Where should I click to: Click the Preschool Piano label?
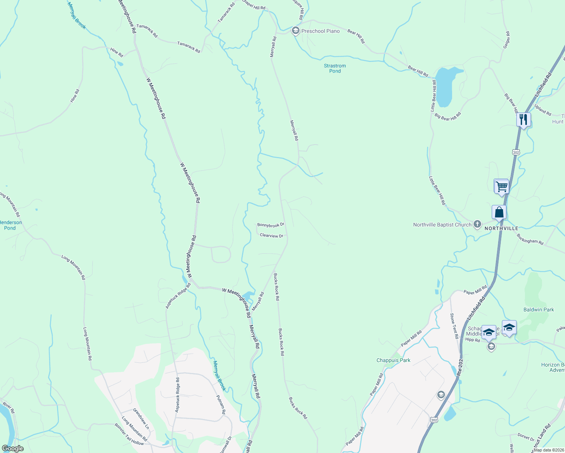tap(320, 31)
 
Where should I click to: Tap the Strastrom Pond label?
tap(335, 68)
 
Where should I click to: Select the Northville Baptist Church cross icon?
tap(477, 224)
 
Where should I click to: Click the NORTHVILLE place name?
tap(501, 228)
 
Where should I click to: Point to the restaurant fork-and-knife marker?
tap(523, 120)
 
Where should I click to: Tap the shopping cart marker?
tap(502, 186)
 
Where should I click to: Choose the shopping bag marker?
tap(499, 213)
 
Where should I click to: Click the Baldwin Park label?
tap(539, 310)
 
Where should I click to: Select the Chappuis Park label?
tap(393, 360)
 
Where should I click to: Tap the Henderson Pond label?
tap(10, 225)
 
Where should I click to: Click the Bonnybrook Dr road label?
tap(270, 225)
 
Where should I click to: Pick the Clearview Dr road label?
tap(272, 236)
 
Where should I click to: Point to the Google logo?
tap(13, 448)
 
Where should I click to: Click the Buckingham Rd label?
tap(530, 239)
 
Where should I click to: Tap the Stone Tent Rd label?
tap(454, 325)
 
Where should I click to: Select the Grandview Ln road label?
tap(141, 418)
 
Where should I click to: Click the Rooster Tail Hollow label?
tap(129, 434)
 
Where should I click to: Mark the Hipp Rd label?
tap(472, 340)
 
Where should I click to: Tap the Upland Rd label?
tap(543, 110)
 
